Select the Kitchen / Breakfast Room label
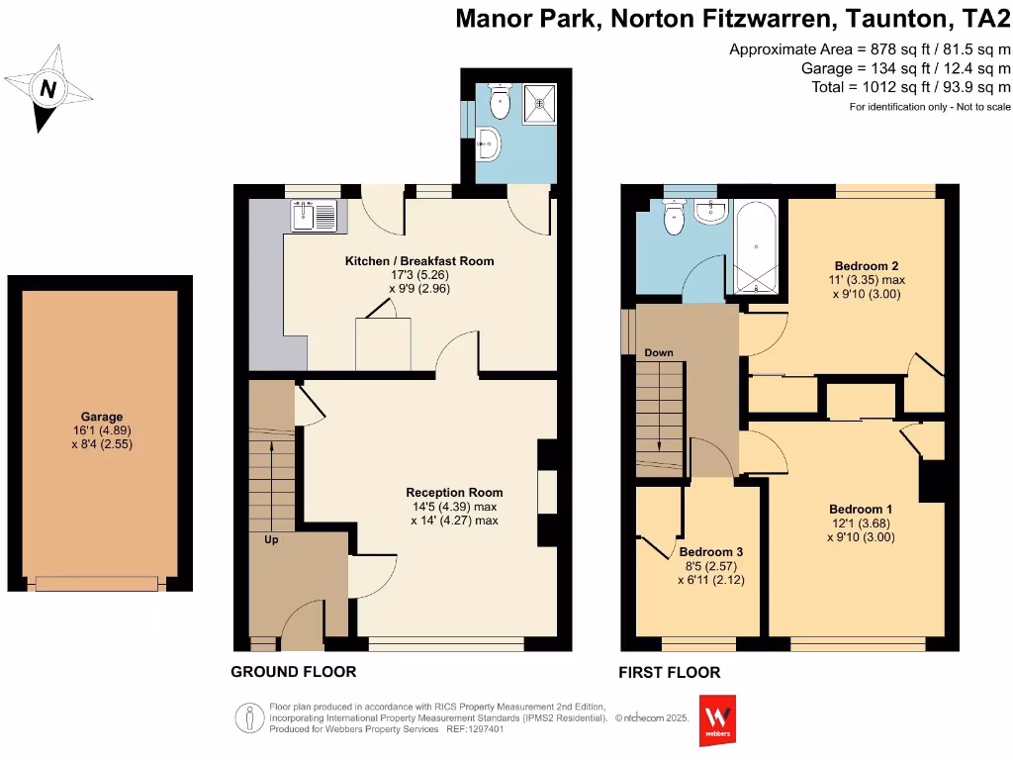[x=418, y=261]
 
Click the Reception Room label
[x=454, y=492]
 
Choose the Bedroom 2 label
[x=867, y=266]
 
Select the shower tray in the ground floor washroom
[x=540, y=100]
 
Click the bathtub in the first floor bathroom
[x=757, y=247]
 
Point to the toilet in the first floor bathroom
[x=675, y=219]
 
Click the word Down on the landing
[x=659, y=352]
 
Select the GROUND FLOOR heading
[x=293, y=672]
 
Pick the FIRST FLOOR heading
[x=669, y=673]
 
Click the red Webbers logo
[x=717, y=719]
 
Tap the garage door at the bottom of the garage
[x=96, y=584]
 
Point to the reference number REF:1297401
[x=475, y=729]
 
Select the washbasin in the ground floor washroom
[x=490, y=144]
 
